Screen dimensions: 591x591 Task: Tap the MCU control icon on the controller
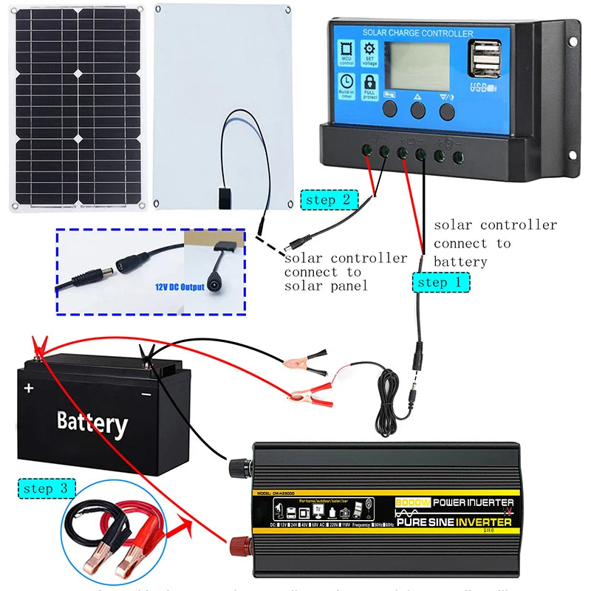tap(346, 52)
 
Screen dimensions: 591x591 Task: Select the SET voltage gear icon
tap(369, 52)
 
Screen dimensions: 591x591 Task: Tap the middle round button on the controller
tap(418, 110)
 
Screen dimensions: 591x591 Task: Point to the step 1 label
tap(441, 282)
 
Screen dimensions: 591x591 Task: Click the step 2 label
tap(329, 199)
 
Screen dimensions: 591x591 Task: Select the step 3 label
tap(46, 488)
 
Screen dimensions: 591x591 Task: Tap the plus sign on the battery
tap(29, 388)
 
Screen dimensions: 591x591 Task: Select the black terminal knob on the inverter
tap(239, 468)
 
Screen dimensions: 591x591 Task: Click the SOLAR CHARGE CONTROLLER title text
tap(417, 33)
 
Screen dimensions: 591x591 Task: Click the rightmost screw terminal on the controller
tap(458, 157)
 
